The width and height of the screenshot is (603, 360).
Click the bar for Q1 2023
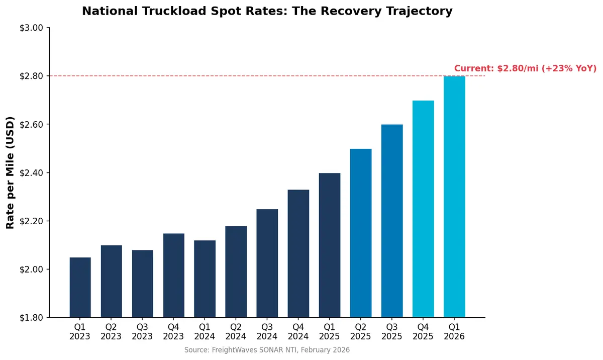pyautogui.click(x=80, y=288)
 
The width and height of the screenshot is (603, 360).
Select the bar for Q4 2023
pyautogui.click(x=174, y=276)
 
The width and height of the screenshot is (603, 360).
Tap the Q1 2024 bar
pyautogui.click(x=205, y=279)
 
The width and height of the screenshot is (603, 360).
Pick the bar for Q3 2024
pyautogui.click(x=267, y=263)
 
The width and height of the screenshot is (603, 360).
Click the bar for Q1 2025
pyautogui.click(x=330, y=245)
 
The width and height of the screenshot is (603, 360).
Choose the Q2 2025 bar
pyautogui.click(x=361, y=233)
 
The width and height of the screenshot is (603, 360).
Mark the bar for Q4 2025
pyautogui.click(x=423, y=209)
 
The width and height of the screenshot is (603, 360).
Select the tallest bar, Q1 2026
pyautogui.click(x=454, y=197)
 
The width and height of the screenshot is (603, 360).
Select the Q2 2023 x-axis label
pyautogui.click(x=112, y=331)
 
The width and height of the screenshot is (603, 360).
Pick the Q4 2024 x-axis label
pyautogui.click(x=298, y=331)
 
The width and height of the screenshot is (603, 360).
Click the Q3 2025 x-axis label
pyautogui.click(x=392, y=331)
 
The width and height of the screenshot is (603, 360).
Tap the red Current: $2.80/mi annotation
pyautogui.click(x=525, y=68)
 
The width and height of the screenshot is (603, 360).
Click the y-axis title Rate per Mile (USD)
pyautogui.click(x=10, y=173)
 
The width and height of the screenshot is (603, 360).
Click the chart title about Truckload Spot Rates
pyautogui.click(x=267, y=11)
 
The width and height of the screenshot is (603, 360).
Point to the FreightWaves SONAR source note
pyautogui.click(x=267, y=350)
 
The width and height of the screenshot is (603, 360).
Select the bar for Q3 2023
pyautogui.click(x=143, y=284)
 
